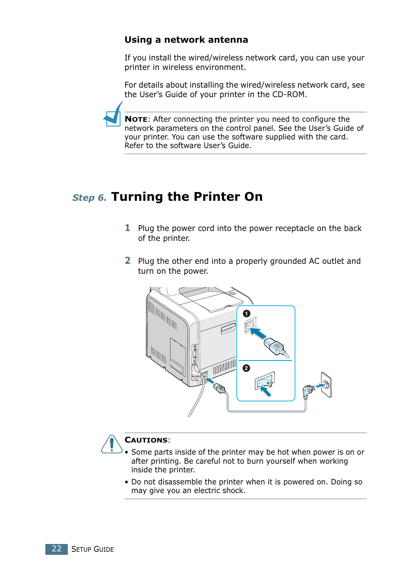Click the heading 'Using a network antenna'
click(186, 40)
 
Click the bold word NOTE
click(136, 119)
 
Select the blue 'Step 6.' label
click(89, 198)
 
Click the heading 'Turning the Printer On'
click(187, 196)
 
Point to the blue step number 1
click(127, 228)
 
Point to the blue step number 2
click(127, 260)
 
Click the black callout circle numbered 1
click(247, 313)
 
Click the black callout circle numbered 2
click(246, 368)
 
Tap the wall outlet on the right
click(326, 384)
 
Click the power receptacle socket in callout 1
click(251, 325)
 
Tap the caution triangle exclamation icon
click(112, 444)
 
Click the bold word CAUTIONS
click(146, 440)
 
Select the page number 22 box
click(57, 549)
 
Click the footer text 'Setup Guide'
click(92, 549)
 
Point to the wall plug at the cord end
click(308, 391)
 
